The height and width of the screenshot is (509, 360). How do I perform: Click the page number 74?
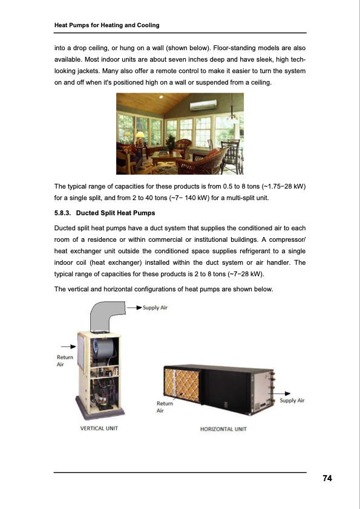[x=327, y=479]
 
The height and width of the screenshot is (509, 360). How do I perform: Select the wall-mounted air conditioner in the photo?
[x=203, y=106]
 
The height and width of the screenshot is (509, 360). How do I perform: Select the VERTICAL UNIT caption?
[x=99, y=428]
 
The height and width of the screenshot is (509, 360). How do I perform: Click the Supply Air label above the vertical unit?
[x=155, y=308]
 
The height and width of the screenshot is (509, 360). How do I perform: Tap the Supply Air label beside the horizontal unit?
[x=292, y=400]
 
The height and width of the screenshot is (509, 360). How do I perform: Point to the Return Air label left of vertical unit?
[x=64, y=361]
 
